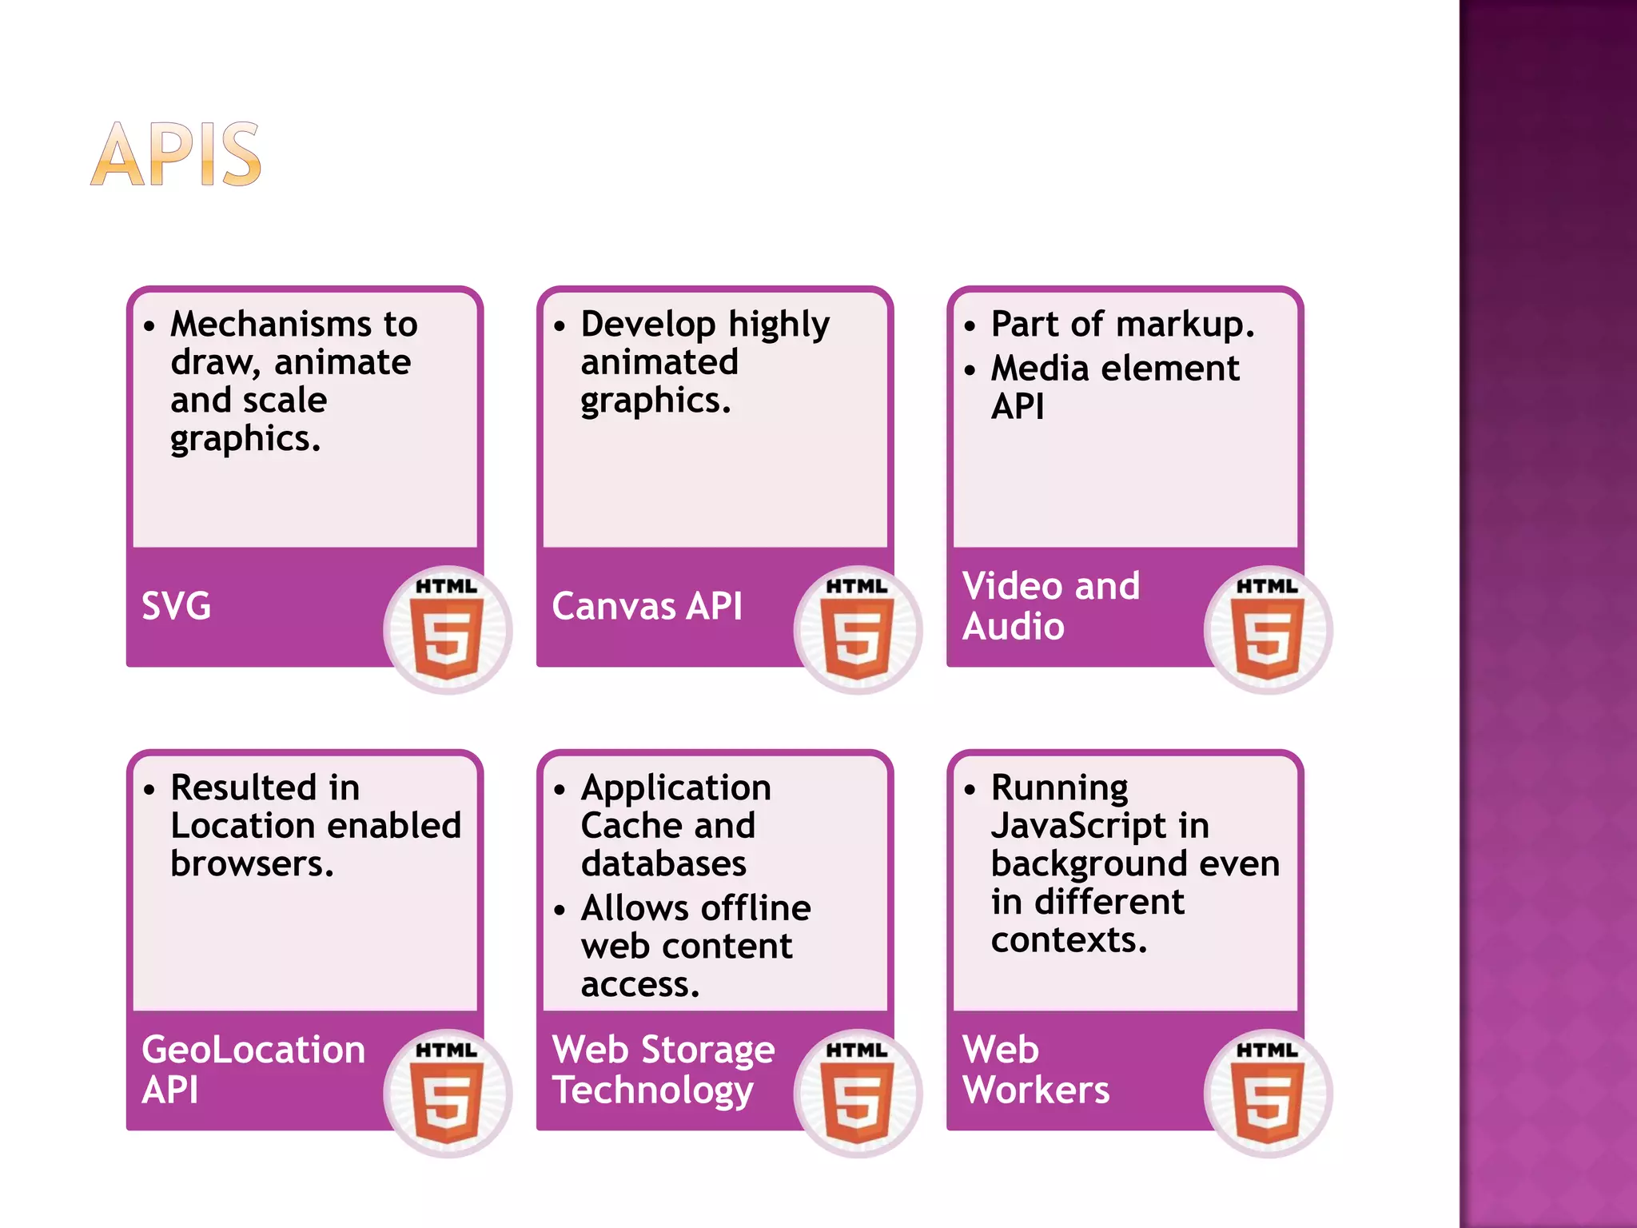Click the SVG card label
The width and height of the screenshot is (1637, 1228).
click(x=177, y=606)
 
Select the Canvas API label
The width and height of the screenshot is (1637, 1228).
click(x=647, y=606)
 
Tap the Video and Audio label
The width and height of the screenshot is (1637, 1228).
click(x=1050, y=606)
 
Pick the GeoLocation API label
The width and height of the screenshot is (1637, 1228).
click(x=253, y=1070)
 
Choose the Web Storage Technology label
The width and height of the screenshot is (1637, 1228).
click(x=663, y=1070)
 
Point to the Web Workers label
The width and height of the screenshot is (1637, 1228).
click(x=1036, y=1070)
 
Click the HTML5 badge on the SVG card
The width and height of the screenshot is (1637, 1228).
click(x=448, y=630)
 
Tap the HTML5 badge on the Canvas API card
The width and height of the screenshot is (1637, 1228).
click(x=858, y=630)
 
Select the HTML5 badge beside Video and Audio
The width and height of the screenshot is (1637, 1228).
click(x=1268, y=630)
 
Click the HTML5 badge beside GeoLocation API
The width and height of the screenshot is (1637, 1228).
click(x=448, y=1093)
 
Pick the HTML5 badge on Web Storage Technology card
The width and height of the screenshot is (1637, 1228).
click(x=858, y=1093)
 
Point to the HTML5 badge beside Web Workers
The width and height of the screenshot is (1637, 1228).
click(x=1268, y=1093)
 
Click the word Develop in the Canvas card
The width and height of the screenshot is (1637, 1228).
click(x=647, y=325)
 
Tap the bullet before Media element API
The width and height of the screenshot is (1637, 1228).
click(x=970, y=370)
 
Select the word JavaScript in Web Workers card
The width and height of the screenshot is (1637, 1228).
click(x=1078, y=826)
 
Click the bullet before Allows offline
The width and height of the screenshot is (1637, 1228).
click(x=560, y=910)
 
